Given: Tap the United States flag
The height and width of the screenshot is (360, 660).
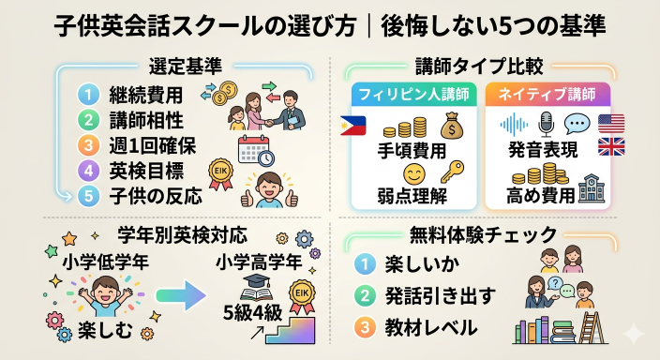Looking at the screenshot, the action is (x=610, y=124).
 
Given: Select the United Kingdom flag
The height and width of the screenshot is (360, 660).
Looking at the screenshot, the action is (x=610, y=146).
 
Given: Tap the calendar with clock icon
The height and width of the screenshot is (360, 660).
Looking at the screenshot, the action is (x=255, y=151).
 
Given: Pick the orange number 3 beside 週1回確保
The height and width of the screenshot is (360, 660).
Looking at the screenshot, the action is (x=88, y=146).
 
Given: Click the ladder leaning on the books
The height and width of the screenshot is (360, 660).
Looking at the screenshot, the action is (x=591, y=327).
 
